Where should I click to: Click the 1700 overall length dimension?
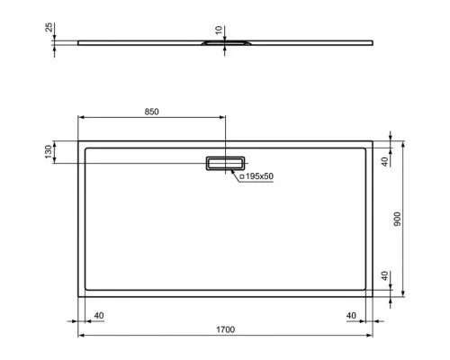coord(225,330)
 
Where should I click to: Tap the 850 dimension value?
coord(151,112)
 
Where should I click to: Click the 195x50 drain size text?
coord(258,177)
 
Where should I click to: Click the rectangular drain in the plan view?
coord(224,163)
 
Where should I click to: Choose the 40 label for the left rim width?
coord(98,315)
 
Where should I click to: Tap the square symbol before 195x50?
coord(242,177)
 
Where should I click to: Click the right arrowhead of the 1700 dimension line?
coord(370,335)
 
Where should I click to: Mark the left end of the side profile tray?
coord(79,40)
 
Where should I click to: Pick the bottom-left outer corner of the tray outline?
coord(79,294)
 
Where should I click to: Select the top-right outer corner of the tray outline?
coord(373,141)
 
